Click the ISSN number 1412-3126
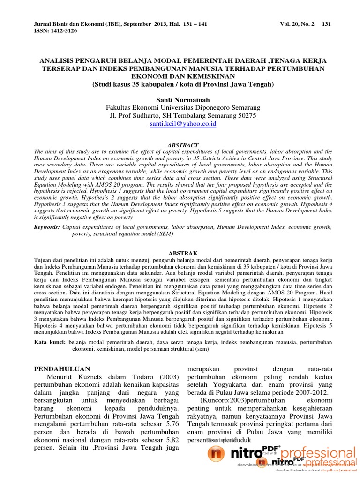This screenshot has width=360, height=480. [61, 31]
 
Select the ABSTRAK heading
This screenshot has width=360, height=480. [183, 253]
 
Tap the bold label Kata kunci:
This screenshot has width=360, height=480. [51, 342]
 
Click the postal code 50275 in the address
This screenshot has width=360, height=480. [245, 115]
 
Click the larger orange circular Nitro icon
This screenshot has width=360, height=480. [216, 454]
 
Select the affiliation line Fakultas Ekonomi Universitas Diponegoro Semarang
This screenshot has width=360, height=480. [183, 107]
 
